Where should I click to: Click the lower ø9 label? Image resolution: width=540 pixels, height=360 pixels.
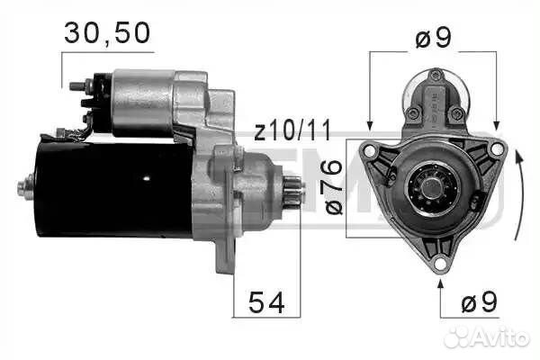tap(478, 303)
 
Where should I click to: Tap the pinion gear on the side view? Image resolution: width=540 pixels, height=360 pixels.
tap(292, 191)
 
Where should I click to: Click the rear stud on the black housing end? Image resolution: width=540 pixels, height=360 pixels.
tap(22, 188)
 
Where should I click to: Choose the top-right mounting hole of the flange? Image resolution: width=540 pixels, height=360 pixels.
tap(497, 147)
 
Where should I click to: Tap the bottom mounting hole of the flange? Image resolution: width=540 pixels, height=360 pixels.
tap(439, 263)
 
